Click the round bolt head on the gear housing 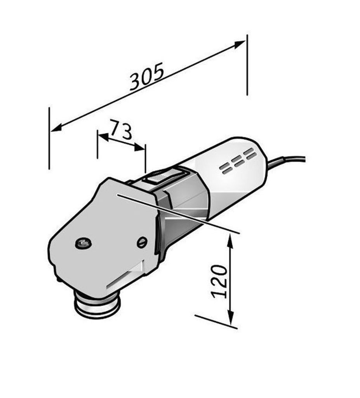coord(83,243)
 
